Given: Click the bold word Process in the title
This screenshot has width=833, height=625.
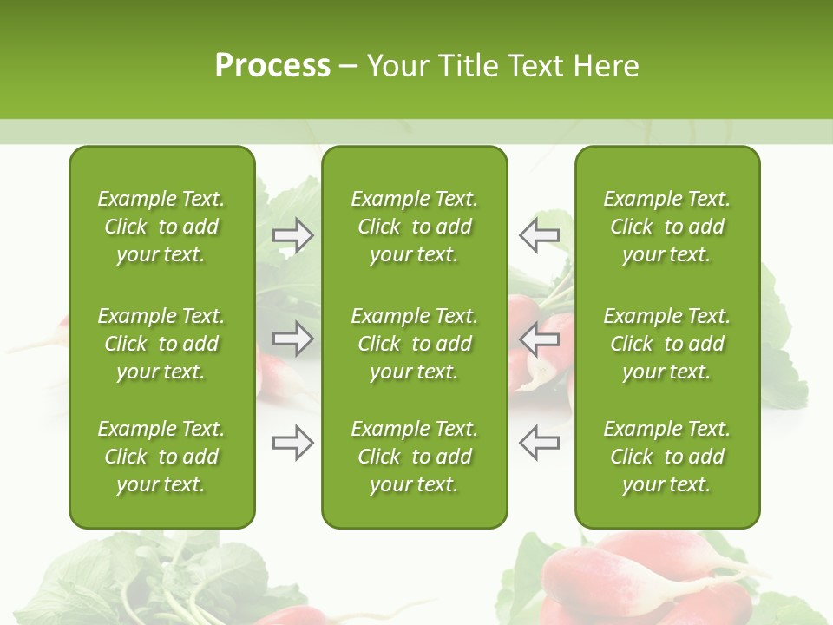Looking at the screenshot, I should [x=272, y=66].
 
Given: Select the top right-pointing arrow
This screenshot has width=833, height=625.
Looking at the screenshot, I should [x=293, y=235].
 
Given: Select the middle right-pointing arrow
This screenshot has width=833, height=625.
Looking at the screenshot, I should [x=293, y=338].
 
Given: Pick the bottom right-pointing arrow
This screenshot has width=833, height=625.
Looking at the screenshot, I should [x=293, y=443].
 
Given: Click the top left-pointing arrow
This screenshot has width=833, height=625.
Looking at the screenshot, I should [x=539, y=235].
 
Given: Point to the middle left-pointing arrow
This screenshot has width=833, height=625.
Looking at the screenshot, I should [x=539, y=338].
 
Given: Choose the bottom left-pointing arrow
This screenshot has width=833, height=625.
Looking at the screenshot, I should [x=539, y=443].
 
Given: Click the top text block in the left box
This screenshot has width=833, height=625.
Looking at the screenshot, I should [x=161, y=227].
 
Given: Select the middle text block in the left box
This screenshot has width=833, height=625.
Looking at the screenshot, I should [x=161, y=344].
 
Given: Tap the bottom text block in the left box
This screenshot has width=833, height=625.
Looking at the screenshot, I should [x=161, y=457].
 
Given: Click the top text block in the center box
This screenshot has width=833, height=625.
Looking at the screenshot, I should [x=414, y=227].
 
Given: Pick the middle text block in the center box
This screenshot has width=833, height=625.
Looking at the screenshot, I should [x=414, y=344].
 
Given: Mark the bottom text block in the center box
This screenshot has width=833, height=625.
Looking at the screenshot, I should [x=414, y=457].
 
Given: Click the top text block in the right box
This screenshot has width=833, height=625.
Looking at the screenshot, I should [x=666, y=227].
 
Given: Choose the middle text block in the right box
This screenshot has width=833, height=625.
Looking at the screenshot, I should [x=666, y=344].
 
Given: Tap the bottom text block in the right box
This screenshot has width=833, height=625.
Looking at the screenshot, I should [x=666, y=457].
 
